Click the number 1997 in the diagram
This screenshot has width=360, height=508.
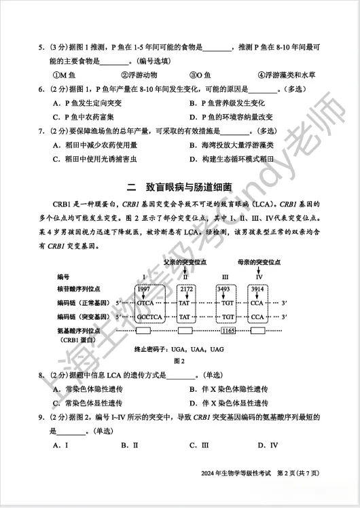(143, 289)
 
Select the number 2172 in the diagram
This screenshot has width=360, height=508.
(187, 289)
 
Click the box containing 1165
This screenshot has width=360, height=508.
(228, 329)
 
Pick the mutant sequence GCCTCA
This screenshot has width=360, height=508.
(147, 317)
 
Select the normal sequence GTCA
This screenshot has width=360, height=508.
(145, 303)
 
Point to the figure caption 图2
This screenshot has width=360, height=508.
(180, 361)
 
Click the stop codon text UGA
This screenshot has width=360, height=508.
(176, 348)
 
